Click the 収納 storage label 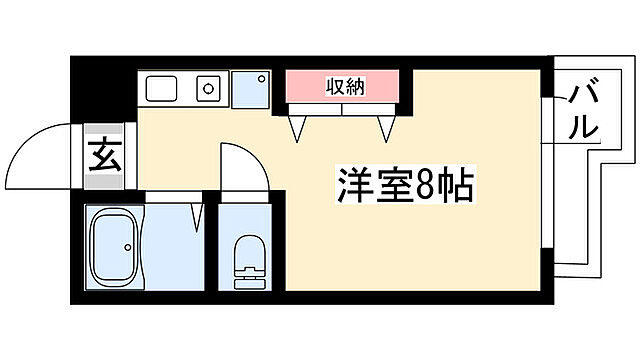click(x=345, y=87)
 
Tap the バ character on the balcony click(x=584, y=98)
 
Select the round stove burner click(x=209, y=88)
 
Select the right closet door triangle click(x=387, y=127)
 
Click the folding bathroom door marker click(x=200, y=217)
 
